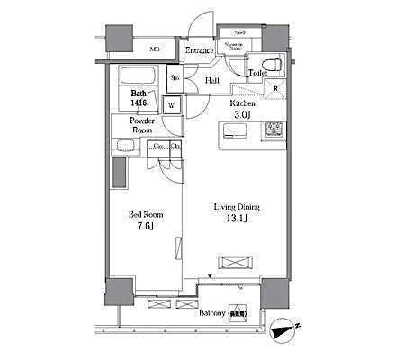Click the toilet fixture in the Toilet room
click(274, 65)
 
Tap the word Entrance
click(199, 51)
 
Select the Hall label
click(212, 82)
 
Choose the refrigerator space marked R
click(275, 89)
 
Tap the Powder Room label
click(142, 125)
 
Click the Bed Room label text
click(143, 214)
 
